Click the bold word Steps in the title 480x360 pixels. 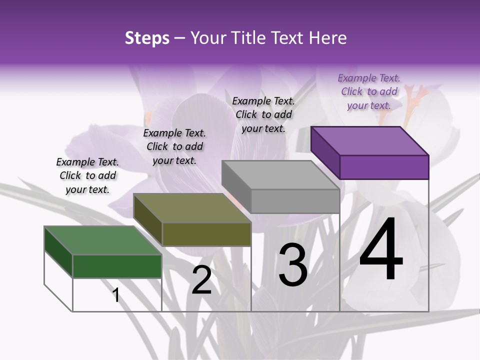coord(147,38)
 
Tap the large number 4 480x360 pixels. coord(381,250)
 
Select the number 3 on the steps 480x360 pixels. coord(293,264)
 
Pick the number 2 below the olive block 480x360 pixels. coord(201,280)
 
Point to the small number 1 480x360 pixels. coord(115,295)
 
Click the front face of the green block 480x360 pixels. coord(117,266)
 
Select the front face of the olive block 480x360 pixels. coord(206,234)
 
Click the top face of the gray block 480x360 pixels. coord(280,175)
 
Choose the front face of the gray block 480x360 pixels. coord(295,201)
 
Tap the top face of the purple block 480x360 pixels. coord(369,140)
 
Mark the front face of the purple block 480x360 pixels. coord(384,167)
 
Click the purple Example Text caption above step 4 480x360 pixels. coord(369,91)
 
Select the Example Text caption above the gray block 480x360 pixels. coord(263,114)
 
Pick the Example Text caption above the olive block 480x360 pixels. coord(174,146)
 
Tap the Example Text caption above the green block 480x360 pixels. coord(87,175)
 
